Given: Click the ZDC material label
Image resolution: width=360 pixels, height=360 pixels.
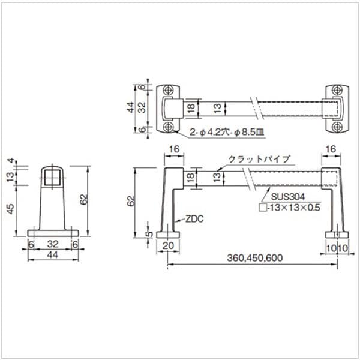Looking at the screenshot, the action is [x=194, y=219].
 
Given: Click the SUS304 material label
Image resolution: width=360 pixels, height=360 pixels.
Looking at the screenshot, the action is [x=288, y=197].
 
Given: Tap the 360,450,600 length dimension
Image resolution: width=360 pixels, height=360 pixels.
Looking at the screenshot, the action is [x=255, y=258].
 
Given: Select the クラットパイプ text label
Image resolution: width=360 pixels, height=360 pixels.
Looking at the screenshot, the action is [x=259, y=159].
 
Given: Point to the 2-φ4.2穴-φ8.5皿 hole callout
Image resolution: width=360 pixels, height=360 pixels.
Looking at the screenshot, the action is [x=227, y=132].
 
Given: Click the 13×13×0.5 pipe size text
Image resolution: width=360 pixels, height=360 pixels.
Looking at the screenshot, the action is [x=294, y=208].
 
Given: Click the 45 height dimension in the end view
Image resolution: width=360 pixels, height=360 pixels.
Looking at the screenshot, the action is [x=10, y=209].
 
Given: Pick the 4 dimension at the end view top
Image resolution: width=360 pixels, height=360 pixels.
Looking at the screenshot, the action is [x=10, y=161].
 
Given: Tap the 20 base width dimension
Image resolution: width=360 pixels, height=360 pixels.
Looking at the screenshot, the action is [x=168, y=245].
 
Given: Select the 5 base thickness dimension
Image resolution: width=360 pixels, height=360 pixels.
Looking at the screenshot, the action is [x=149, y=234].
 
